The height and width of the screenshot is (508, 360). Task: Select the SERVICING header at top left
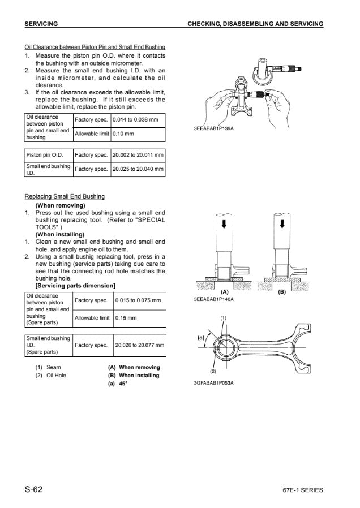[42, 24]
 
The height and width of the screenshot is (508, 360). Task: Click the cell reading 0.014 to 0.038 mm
[135, 120]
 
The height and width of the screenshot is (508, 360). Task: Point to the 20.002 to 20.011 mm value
[138, 154]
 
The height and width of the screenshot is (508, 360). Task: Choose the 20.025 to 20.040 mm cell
[138, 169]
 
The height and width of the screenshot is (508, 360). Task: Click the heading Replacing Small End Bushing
[65, 196]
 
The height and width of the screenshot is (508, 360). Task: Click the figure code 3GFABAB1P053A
[214, 382]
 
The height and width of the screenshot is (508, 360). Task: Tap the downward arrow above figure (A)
[224, 224]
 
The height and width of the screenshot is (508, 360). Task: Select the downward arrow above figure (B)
[281, 224]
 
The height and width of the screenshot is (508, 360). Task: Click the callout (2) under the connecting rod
[213, 371]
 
